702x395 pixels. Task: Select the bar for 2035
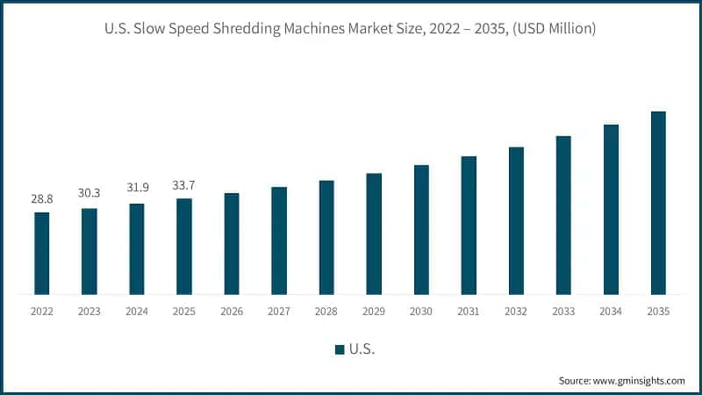[658, 203]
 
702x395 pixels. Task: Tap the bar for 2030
[421, 229]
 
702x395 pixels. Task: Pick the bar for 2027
[279, 241]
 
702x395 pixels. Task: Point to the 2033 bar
[563, 215]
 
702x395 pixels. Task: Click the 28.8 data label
[42, 200]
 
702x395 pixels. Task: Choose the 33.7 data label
[184, 186]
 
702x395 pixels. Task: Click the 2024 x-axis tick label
[137, 312]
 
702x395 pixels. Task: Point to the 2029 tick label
[374, 312]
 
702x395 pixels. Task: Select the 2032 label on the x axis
[516, 312]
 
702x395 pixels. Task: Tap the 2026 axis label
[232, 312]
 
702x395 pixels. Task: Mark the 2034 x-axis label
[611, 312]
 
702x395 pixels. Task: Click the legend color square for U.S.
[340, 349]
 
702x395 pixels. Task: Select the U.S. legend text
[362, 349]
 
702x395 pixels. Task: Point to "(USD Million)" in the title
[554, 30]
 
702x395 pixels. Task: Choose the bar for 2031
[469, 225]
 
